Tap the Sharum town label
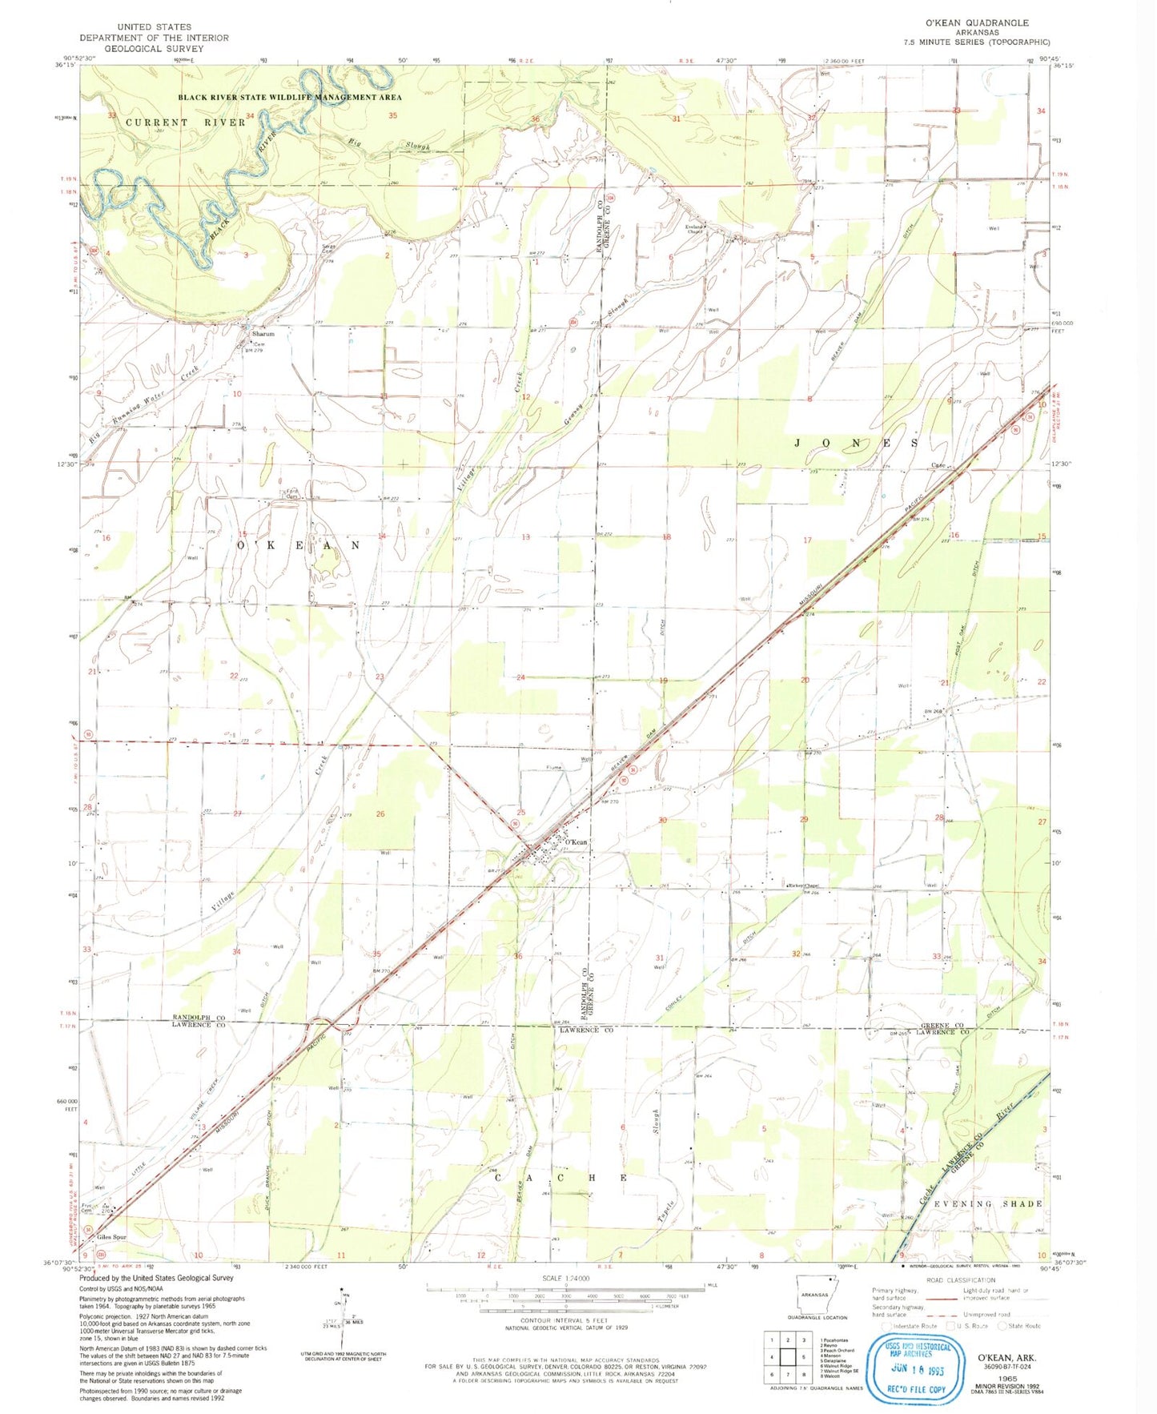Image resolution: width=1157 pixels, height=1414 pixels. click(263, 334)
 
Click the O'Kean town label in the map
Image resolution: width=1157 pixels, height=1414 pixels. click(576, 842)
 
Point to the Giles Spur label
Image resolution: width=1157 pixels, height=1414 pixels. click(112, 1237)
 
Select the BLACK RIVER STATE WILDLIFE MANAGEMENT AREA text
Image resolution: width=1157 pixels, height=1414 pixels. click(290, 97)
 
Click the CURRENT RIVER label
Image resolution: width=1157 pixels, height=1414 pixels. click(185, 123)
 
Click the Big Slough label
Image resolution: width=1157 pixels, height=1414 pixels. click(390, 145)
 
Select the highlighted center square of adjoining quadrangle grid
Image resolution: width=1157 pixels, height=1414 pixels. click(789, 1357)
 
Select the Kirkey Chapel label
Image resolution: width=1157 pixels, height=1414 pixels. click(803, 886)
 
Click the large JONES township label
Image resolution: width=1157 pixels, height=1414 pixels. click(856, 443)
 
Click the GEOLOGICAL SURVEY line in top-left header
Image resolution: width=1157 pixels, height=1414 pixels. click(154, 49)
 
